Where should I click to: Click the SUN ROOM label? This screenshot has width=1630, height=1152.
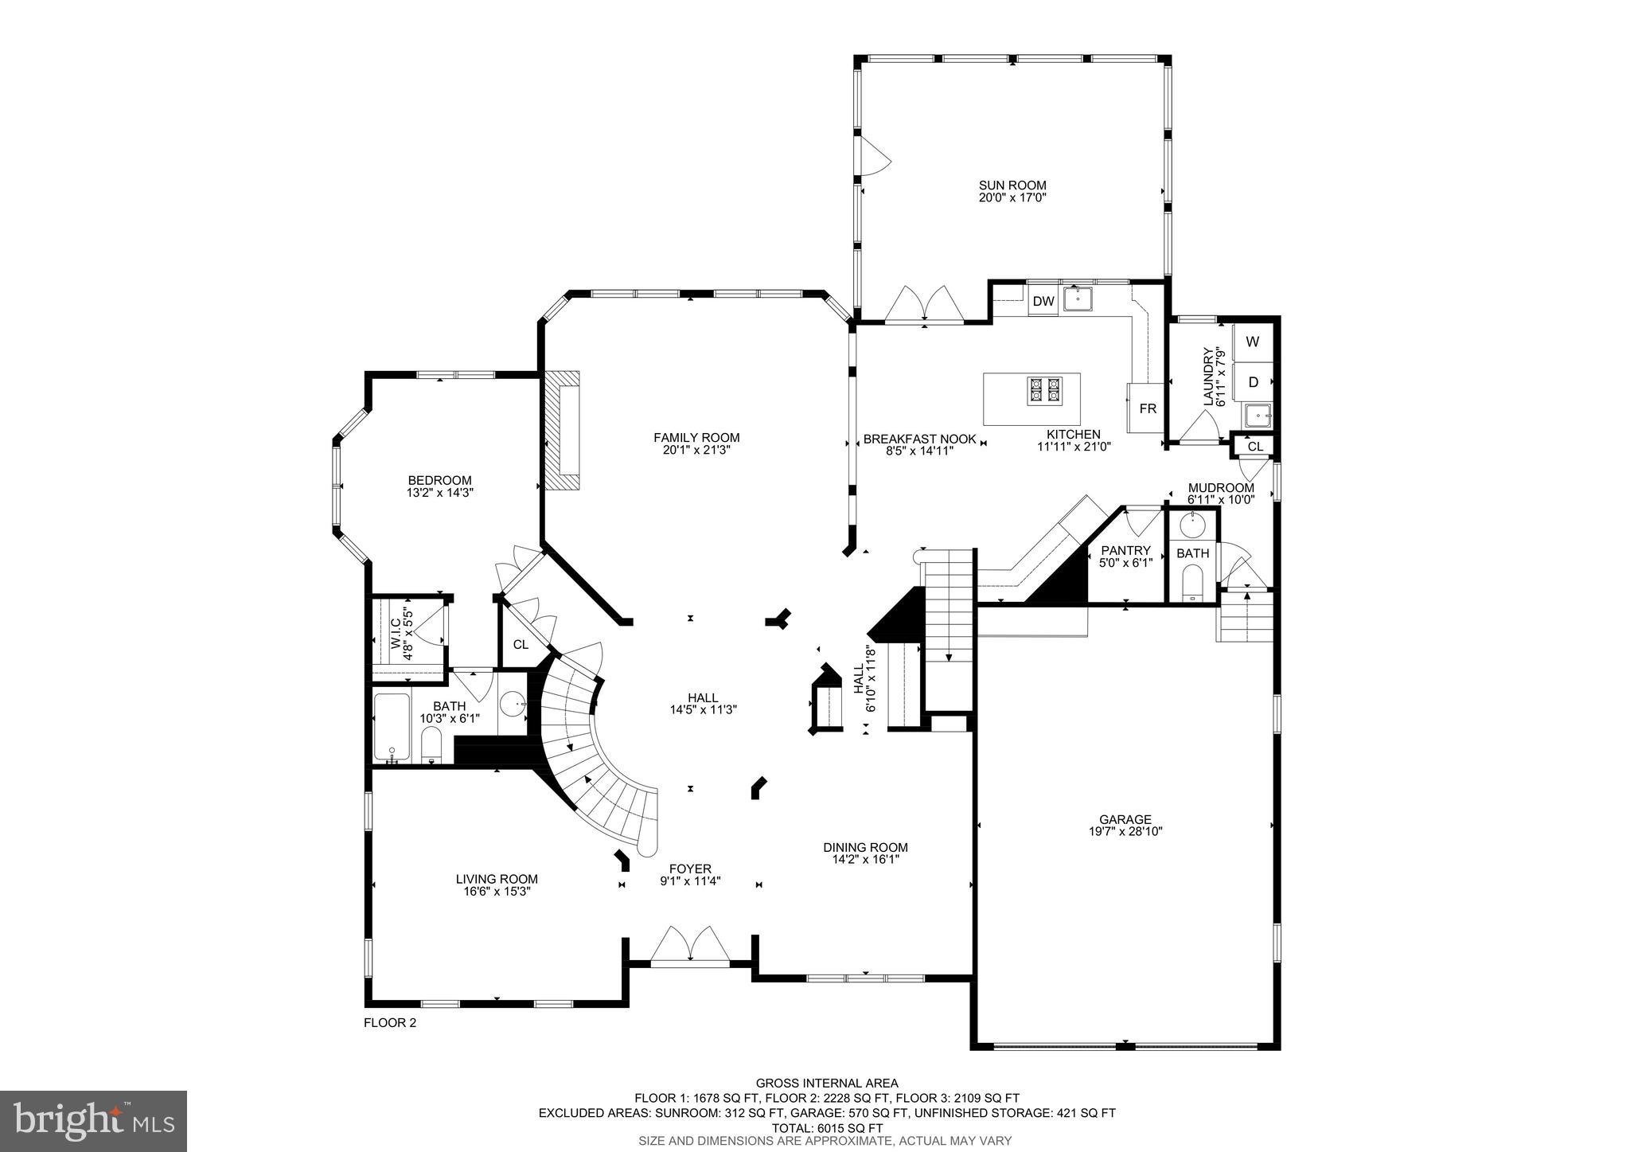tap(1012, 185)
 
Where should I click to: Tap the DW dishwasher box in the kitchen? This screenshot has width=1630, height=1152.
tap(1043, 302)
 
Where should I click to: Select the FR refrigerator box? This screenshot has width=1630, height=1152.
tap(1147, 408)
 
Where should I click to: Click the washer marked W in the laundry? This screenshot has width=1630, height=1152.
tap(1253, 342)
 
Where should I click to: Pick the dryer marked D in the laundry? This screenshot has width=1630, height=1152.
tap(1253, 383)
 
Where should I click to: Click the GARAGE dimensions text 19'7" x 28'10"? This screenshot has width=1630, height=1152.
tap(1125, 831)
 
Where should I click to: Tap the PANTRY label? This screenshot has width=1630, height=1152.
tap(1125, 550)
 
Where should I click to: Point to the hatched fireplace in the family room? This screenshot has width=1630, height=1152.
tap(562, 433)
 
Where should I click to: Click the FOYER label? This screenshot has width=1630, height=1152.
tap(690, 869)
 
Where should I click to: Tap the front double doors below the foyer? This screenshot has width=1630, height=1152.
tap(689, 947)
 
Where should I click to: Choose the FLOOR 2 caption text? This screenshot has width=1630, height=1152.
tap(390, 1023)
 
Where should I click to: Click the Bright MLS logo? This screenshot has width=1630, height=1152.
tap(93, 1121)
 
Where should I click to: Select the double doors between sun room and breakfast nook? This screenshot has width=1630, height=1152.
tap(925, 305)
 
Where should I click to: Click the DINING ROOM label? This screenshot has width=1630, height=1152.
tap(865, 847)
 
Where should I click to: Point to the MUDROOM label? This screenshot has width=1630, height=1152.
tap(1221, 488)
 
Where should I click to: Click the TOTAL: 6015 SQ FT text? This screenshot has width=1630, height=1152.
tap(826, 1128)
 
